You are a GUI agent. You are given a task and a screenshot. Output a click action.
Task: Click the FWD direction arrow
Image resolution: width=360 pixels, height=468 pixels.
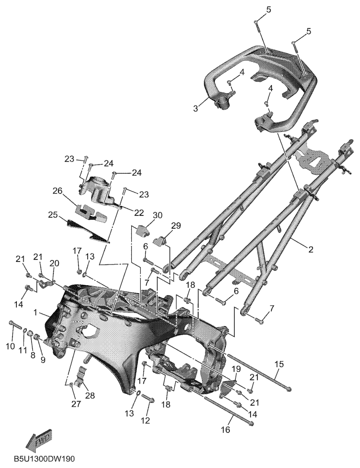[39, 439]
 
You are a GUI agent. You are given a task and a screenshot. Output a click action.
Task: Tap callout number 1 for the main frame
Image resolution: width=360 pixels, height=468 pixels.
[36, 312]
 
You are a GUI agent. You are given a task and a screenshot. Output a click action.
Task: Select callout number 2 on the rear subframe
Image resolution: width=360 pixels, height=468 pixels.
[311, 249]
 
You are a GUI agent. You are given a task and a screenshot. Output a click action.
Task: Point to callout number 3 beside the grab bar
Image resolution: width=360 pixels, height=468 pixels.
[196, 108]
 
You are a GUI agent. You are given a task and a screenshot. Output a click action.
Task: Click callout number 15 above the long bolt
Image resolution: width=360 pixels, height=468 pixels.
[279, 364]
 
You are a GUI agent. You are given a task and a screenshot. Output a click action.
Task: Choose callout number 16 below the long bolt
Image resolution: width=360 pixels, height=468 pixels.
[226, 429]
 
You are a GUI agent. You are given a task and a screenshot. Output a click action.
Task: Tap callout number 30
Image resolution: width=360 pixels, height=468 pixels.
[157, 215]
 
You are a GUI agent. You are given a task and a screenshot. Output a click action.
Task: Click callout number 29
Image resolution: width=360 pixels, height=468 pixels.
[176, 226]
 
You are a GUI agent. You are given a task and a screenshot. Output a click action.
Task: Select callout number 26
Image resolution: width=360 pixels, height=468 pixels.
[58, 191]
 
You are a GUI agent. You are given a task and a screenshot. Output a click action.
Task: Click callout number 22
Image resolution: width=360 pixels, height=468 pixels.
[139, 213]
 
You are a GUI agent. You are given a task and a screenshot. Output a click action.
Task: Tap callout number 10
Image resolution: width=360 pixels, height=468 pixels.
[10, 346]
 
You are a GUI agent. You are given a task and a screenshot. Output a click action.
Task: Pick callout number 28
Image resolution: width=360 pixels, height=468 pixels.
[90, 396]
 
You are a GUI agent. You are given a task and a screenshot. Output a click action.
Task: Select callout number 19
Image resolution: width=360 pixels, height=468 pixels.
[236, 369]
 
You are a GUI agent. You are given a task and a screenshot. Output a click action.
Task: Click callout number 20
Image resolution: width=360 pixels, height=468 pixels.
[54, 263]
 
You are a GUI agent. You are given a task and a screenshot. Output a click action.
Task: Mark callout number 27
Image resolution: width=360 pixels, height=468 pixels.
[76, 404]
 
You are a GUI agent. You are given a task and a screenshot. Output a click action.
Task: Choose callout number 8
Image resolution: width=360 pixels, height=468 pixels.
[32, 355]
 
